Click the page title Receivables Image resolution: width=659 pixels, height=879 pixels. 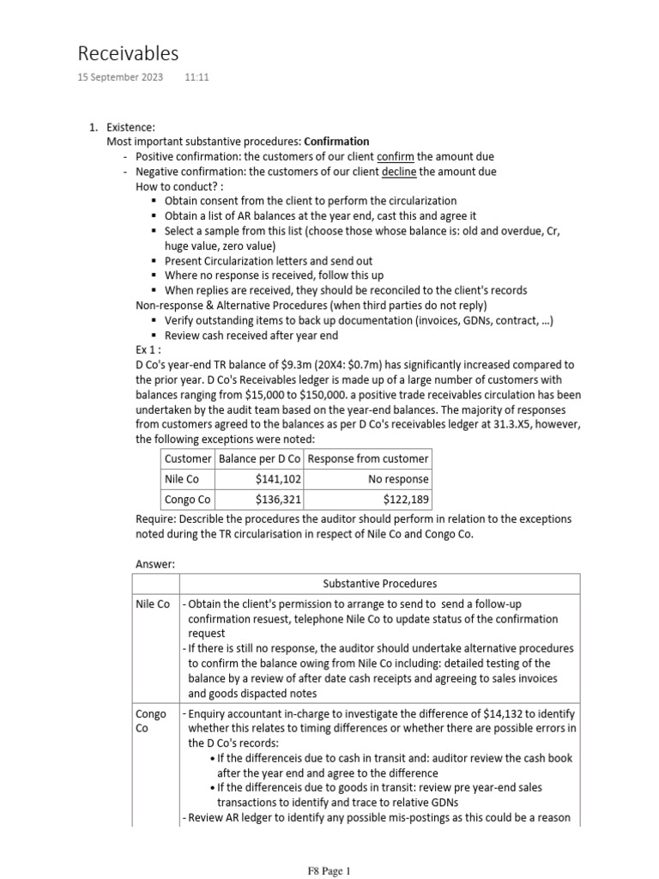point(128,53)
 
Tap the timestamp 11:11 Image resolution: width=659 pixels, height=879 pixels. point(196,77)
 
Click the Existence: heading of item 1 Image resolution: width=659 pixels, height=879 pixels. point(130,127)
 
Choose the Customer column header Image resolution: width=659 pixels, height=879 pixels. point(188,458)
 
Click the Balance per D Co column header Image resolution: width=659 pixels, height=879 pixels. point(260,458)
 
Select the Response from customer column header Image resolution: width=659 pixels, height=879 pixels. point(368,458)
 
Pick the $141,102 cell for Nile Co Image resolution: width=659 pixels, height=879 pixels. point(278,479)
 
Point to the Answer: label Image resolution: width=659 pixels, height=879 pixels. point(156,564)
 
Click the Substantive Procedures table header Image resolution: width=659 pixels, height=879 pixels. point(379,584)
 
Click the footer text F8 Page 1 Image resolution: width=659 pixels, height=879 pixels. point(329,870)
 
